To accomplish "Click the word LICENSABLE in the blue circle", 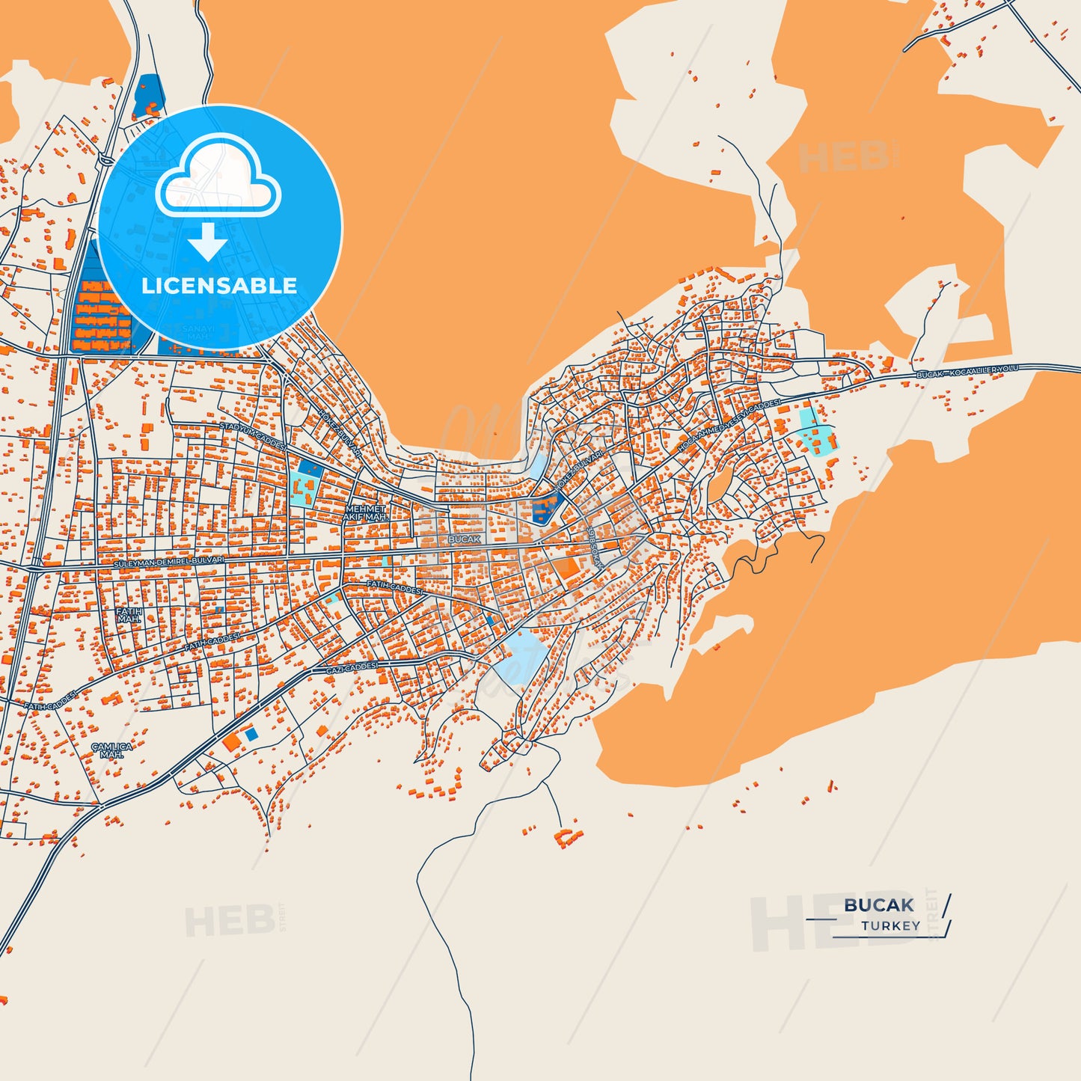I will (x=218, y=286).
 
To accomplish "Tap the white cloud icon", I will (x=218, y=180).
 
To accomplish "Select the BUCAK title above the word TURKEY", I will (x=878, y=905).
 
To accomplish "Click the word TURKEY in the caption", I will (x=890, y=925).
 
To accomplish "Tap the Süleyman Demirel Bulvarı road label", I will (x=169, y=560).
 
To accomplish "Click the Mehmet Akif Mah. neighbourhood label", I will (x=365, y=513).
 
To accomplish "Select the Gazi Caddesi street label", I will (x=352, y=667).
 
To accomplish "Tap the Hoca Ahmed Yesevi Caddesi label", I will (x=729, y=425).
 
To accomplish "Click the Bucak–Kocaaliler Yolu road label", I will (x=968, y=371).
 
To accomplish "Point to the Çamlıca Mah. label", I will (x=111, y=750).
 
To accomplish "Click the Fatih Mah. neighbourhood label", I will (x=129, y=615).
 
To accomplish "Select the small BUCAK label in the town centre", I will (x=464, y=539).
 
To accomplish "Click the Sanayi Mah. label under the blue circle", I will (x=198, y=332).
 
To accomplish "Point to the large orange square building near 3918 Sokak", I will (x=566, y=566).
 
